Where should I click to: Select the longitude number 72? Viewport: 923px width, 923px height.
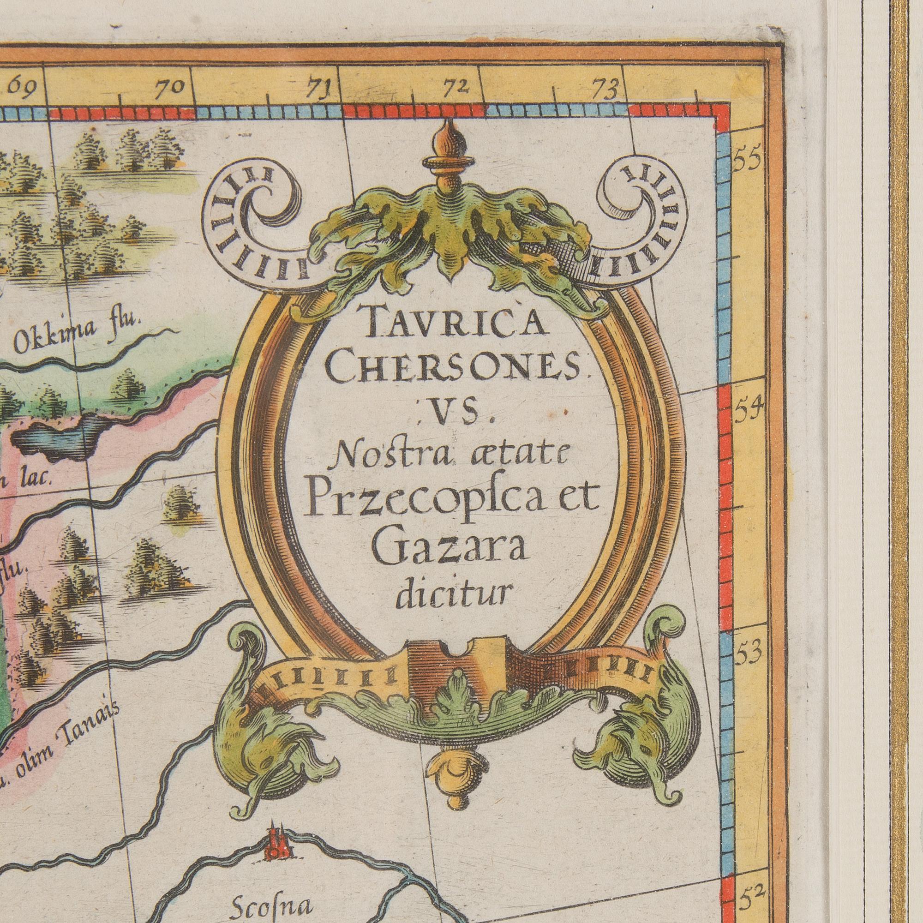pyautogui.click(x=456, y=87)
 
